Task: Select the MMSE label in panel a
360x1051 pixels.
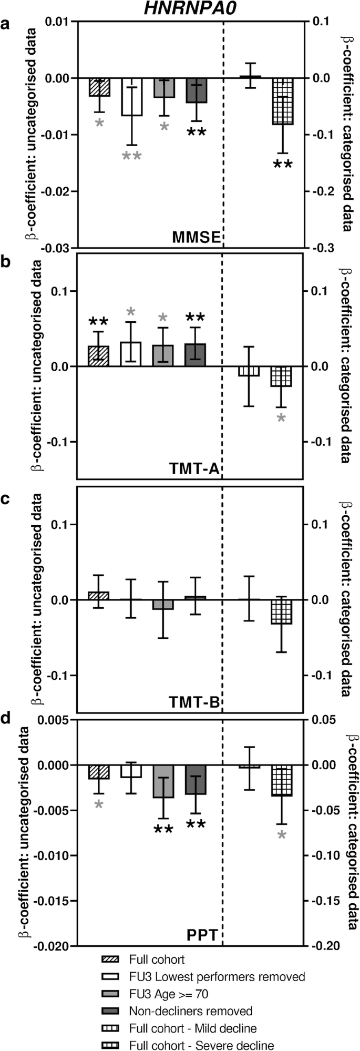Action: (196, 238)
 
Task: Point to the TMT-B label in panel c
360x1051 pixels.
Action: (196, 701)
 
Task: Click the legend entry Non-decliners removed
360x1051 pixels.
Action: (190, 1011)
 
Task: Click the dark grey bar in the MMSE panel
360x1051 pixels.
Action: (196, 90)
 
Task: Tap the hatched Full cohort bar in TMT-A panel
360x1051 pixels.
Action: (99, 356)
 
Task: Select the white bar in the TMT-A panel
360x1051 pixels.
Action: (131, 354)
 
